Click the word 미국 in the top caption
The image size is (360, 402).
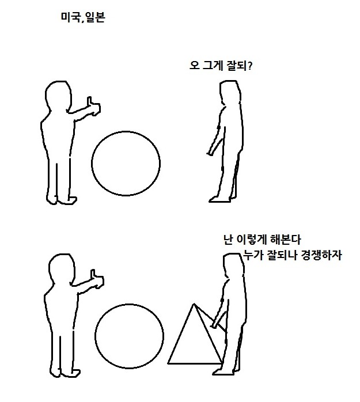point(70,17)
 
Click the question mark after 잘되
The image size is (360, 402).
point(250,66)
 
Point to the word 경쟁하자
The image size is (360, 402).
point(321,255)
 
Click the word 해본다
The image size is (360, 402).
point(285,240)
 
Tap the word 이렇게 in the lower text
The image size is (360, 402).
point(252,240)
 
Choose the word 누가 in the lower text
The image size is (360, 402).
point(253,255)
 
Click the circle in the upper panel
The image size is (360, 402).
point(92,164)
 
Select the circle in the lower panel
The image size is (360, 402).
point(95,336)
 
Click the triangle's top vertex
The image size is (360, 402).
point(194,304)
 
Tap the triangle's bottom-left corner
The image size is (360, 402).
point(168,363)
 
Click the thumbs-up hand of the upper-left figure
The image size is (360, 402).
point(93,107)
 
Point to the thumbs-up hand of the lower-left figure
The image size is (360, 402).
point(97,279)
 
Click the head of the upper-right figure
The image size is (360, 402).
point(230,92)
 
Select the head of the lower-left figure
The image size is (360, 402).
point(62,269)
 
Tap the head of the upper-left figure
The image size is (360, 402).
point(58,96)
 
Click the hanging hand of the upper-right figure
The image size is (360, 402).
point(210,153)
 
